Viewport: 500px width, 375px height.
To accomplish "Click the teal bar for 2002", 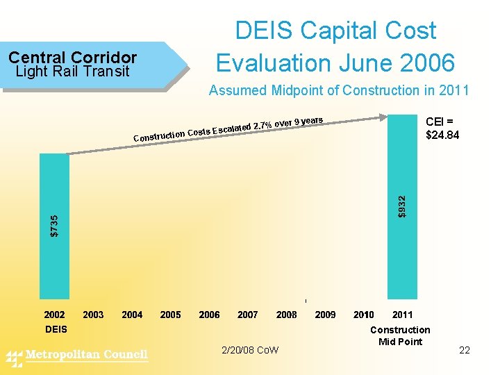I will pyautogui.click(x=55, y=226).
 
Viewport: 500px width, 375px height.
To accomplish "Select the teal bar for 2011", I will pyautogui.click(x=402, y=201).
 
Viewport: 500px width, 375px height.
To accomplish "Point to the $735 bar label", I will pyautogui.click(x=55, y=225).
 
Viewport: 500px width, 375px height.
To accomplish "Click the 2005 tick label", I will pyautogui.click(x=171, y=315).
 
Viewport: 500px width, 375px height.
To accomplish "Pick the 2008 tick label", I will pyautogui.click(x=287, y=315).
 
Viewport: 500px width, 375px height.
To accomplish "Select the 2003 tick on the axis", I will pyautogui.click(x=93, y=315).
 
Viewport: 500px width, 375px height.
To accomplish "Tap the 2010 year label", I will pyautogui.click(x=364, y=315).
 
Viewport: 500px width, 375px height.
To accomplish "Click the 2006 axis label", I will pyautogui.click(x=209, y=315).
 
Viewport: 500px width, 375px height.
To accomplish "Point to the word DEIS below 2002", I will pyautogui.click(x=56, y=329).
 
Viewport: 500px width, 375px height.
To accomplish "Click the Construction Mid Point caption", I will pyautogui.click(x=400, y=335).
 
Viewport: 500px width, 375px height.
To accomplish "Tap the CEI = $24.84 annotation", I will pyautogui.click(x=442, y=128).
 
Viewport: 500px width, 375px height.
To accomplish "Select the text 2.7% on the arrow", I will pyautogui.click(x=262, y=126).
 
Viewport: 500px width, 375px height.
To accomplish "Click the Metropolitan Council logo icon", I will pyautogui.click(x=14, y=357).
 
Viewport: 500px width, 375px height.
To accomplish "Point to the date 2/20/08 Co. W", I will pyautogui.click(x=250, y=350).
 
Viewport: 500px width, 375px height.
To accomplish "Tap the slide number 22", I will pyautogui.click(x=465, y=350).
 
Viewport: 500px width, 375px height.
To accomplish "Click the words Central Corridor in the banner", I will pyautogui.click(x=73, y=58).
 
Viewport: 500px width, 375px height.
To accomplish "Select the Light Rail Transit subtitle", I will pyautogui.click(x=72, y=71).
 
